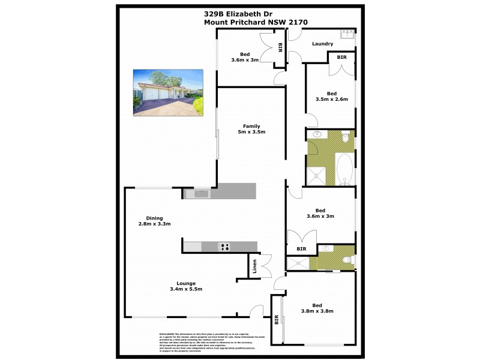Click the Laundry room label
[x=323, y=44]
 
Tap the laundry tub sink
[x=347, y=34]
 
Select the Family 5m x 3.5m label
[x=251, y=129]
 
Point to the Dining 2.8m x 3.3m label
[x=154, y=221]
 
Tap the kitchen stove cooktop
[x=224, y=246]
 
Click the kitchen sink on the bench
[x=196, y=193]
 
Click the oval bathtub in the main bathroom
[x=345, y=169]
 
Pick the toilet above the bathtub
[x=346, y=138]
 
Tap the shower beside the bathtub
[x=316, y=175]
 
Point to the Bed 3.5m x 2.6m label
[x=331, y=96]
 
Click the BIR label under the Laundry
[x=341, y=57]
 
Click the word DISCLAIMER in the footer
[x=166, y=333]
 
